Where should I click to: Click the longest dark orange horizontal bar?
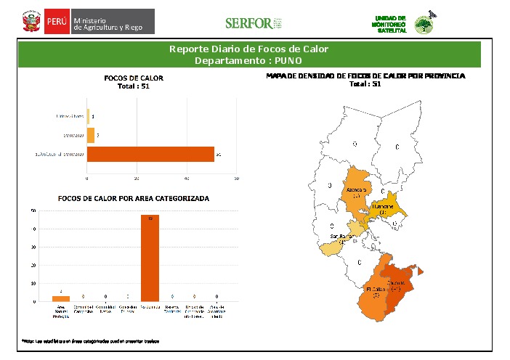click(150, 154)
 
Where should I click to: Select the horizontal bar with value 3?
click(91, 134)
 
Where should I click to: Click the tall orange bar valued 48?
click(150, 258)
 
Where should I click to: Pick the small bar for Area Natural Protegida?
click(61, 298)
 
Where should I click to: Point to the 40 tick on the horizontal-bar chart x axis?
click(187, 178)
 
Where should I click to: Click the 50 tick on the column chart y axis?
click(34, 211)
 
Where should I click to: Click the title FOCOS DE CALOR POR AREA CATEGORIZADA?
click(133, 197)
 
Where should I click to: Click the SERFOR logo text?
click(248, 23)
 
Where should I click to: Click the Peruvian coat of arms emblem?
click(30, 22)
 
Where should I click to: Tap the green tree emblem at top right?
click(422, 25)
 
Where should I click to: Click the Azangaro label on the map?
click(357, 191)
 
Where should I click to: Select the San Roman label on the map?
click(341, 237)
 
